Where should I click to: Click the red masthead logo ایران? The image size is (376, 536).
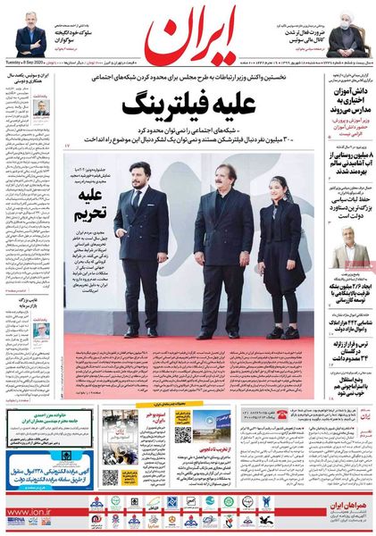point(188,38)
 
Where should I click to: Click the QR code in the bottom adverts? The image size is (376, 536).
point(182,435)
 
